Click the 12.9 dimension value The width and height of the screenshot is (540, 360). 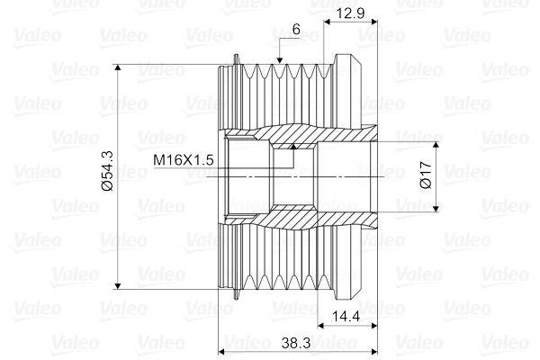351,13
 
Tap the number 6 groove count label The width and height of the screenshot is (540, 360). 296,30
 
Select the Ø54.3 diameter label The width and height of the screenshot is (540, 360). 108,170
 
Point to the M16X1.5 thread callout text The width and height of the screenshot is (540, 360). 184,160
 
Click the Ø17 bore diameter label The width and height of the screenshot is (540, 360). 426,174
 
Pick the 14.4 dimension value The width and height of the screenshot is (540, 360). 346,316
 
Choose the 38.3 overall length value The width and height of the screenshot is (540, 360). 296,343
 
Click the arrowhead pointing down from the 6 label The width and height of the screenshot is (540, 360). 279,60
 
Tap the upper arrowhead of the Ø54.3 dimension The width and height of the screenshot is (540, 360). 118,68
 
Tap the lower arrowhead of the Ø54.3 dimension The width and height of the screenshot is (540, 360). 118,285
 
